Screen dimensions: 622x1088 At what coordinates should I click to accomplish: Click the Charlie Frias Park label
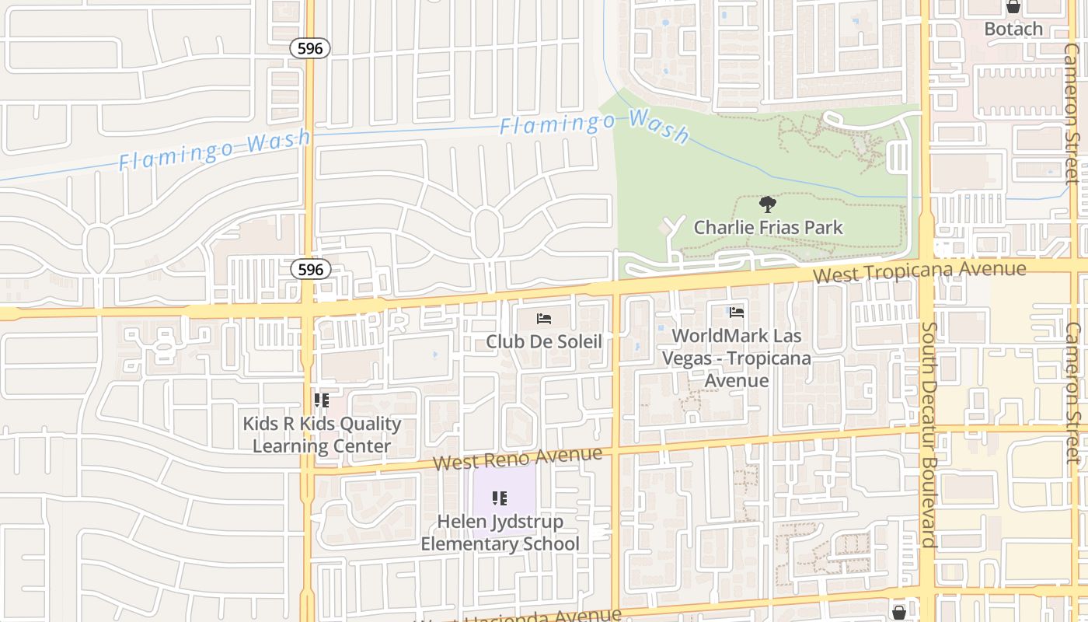point(768,228)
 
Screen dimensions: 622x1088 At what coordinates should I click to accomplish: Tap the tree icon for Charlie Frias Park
point(768,205)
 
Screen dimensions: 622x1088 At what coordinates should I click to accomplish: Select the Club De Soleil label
point(544,341)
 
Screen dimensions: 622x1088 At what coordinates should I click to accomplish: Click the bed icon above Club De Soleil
point(544,319)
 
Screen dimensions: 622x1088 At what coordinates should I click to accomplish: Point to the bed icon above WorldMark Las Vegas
point(737,313)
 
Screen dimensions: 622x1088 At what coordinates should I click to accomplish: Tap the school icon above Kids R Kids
point(322,401)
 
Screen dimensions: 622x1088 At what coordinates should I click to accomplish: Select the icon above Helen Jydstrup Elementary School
point(500,498)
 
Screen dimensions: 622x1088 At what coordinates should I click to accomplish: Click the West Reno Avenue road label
point(517,458)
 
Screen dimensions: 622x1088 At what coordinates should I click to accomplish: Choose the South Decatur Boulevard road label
point(928,435)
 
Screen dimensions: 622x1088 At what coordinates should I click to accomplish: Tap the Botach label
point(1013,30)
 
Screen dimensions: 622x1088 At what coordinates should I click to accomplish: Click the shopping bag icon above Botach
point(1013,7)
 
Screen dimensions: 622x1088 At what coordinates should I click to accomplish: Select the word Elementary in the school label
point(467,543)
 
